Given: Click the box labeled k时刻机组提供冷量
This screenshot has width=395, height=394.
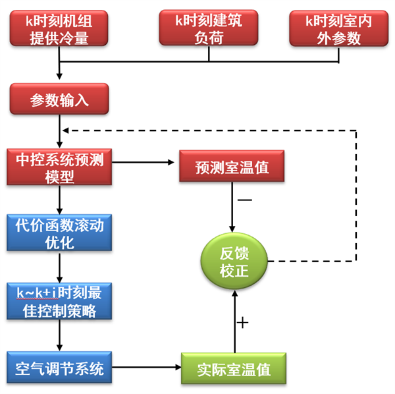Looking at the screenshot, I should pos(59,29).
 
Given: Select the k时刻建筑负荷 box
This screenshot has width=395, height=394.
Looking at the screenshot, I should pos(209,29).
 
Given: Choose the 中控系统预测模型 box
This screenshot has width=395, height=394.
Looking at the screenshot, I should pos(59,167).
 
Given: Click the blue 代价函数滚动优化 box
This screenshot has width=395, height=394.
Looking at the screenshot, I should pos(59,233).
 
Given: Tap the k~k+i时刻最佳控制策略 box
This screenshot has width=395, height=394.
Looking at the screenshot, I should pos(59,301).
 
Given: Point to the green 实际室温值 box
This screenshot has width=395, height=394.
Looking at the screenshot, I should pos(234,368).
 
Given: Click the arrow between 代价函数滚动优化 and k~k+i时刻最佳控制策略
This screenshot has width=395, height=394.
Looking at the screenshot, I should pos(59,266).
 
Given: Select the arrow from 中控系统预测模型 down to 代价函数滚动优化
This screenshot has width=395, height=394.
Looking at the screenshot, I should pos(59,198).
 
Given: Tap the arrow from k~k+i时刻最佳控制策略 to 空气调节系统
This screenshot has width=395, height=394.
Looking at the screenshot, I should pos(59,336).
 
